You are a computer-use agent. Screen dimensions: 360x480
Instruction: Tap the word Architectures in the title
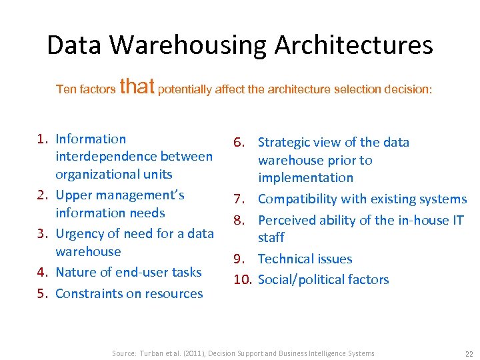353,45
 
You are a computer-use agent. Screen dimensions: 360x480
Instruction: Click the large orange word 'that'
137,86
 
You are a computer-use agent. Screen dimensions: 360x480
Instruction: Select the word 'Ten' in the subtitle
65,89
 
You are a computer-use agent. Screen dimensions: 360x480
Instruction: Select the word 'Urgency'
80,234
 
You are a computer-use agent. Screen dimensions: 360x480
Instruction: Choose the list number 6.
240,142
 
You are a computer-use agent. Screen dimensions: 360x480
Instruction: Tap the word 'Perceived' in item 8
287,220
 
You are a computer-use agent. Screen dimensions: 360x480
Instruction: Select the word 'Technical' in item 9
287,259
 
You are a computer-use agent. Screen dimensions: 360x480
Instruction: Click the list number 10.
242,279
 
